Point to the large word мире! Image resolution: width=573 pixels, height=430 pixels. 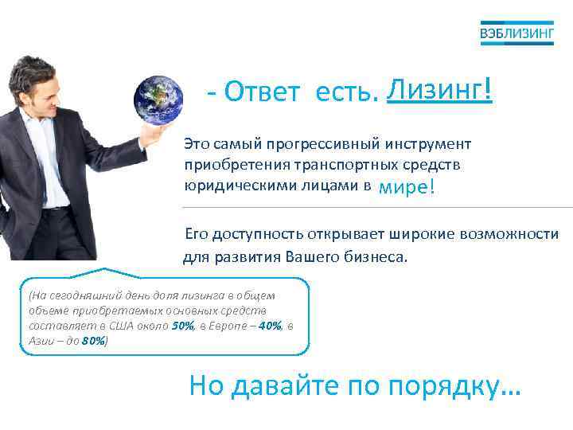(407, 187)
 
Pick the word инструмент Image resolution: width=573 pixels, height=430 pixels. (430, 145)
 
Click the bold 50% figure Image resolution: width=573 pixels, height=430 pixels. (182, 326)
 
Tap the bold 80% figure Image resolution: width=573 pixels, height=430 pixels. (93, 341)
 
